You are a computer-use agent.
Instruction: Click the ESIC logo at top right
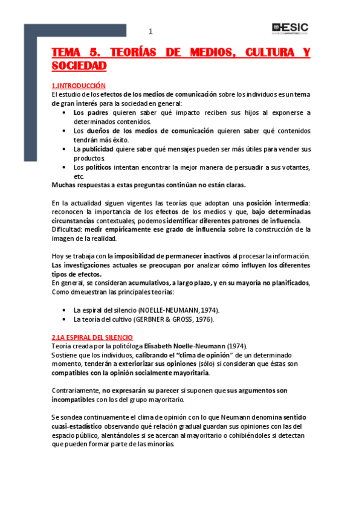[x=290, y=28]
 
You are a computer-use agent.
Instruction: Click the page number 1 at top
[x=151, y=32]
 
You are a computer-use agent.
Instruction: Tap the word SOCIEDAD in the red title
[x=79, y=65]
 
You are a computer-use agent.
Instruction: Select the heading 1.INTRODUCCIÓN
[x=79, y=86]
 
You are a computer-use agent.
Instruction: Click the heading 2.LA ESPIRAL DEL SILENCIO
[x=92, y=336]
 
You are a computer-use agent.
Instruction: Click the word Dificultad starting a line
[x=68, y=229]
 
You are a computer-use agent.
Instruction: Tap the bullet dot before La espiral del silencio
[x=65, y=310]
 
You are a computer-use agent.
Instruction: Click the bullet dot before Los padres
[x=65, y=112]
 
